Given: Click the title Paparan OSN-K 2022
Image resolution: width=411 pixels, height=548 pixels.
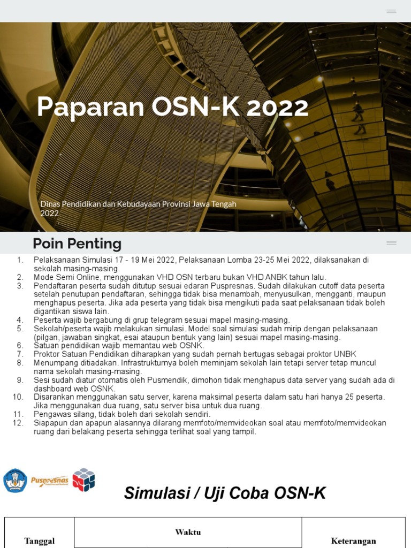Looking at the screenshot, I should click(172, 108).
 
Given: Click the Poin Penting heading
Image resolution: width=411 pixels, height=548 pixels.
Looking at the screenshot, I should click(77, 244).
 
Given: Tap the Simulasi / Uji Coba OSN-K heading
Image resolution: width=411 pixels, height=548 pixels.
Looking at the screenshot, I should click(225, 493).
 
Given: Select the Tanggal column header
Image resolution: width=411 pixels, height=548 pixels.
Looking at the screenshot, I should click(40, 541).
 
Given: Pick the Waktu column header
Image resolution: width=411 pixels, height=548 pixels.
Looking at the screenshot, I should click(188, 532).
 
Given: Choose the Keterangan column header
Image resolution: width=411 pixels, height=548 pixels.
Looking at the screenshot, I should click(353, 541).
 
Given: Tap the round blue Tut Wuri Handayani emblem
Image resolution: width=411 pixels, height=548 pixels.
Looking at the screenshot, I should click(15, 480).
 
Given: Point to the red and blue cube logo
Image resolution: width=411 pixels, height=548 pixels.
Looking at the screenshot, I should click(83, 479).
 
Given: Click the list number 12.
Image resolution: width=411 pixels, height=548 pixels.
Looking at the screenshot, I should click(18, 423).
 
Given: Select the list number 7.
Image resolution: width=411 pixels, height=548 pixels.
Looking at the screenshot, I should click(20, 354).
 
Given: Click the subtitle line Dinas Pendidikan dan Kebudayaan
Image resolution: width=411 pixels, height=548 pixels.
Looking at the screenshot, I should click(138, 204).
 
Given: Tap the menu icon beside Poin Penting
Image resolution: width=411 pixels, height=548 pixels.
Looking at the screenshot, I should click(391, 243).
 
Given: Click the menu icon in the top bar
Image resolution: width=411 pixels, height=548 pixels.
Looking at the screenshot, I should click(391, 11).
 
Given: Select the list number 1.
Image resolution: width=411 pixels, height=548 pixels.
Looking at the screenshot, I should click(20, 260).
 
